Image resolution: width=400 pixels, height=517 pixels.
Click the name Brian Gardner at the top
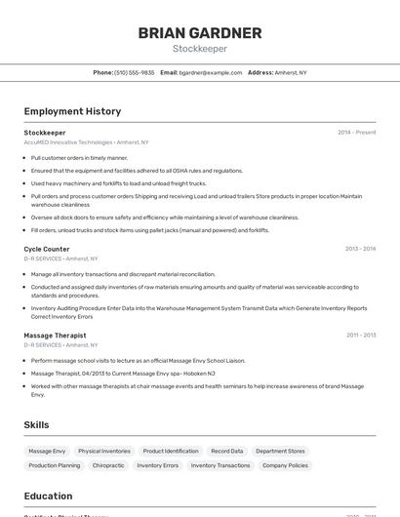tap(200, 33)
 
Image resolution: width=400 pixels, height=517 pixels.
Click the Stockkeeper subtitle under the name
tap(200, 48)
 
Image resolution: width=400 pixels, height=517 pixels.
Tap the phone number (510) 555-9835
tap(134, 72)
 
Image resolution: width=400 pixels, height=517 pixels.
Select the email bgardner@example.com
tap(210, 72)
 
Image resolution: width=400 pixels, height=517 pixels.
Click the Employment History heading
tap(72, 111)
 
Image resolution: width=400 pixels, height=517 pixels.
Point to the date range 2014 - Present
tap(357, 133)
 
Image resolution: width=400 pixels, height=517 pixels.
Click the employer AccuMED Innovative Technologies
tap(68, 142)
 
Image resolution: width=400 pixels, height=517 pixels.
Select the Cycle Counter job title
tap(47, 249)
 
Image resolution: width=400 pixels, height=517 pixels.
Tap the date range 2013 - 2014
tap(360, 249)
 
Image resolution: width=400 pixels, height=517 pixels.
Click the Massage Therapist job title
tap(55, 335)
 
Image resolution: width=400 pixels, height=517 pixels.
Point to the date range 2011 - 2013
tap(360, 335)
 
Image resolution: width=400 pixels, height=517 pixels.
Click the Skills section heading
tap(36, 424)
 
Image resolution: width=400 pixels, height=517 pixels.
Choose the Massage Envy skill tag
tap(47, 452)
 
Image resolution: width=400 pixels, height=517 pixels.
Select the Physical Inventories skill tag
tap(104, 452)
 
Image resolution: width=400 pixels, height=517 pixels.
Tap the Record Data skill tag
tap(226, 452)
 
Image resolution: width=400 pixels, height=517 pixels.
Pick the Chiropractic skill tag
tap(108, 465)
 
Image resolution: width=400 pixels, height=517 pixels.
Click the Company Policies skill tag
tap(285, 465)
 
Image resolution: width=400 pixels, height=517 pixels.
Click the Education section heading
tap(48, 496)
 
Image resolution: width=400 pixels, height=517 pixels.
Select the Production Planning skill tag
tap(55, 465)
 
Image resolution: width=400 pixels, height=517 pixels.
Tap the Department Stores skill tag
tap(281, 452)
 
